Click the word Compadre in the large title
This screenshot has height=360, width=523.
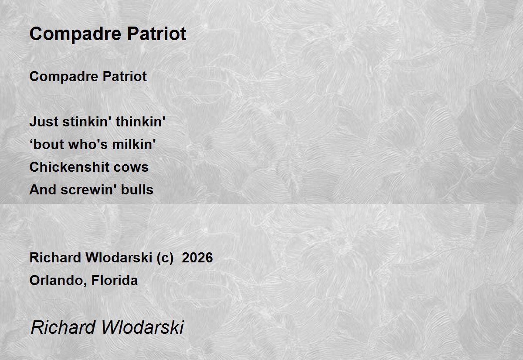(x=75, y=34)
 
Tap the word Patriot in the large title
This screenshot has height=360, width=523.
(x=156, y=34)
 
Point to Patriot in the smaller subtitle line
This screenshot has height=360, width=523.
(x=125, y=76)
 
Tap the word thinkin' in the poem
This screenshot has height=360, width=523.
(x=140, y=122)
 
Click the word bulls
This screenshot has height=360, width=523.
(x=137, y=190)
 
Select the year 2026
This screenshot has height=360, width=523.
(x=197, y=258)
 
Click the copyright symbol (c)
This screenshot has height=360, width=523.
(x=165, y=258)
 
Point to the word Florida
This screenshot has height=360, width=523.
(x=115, y=280)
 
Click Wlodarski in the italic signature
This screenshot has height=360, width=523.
(x=143, y=327)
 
